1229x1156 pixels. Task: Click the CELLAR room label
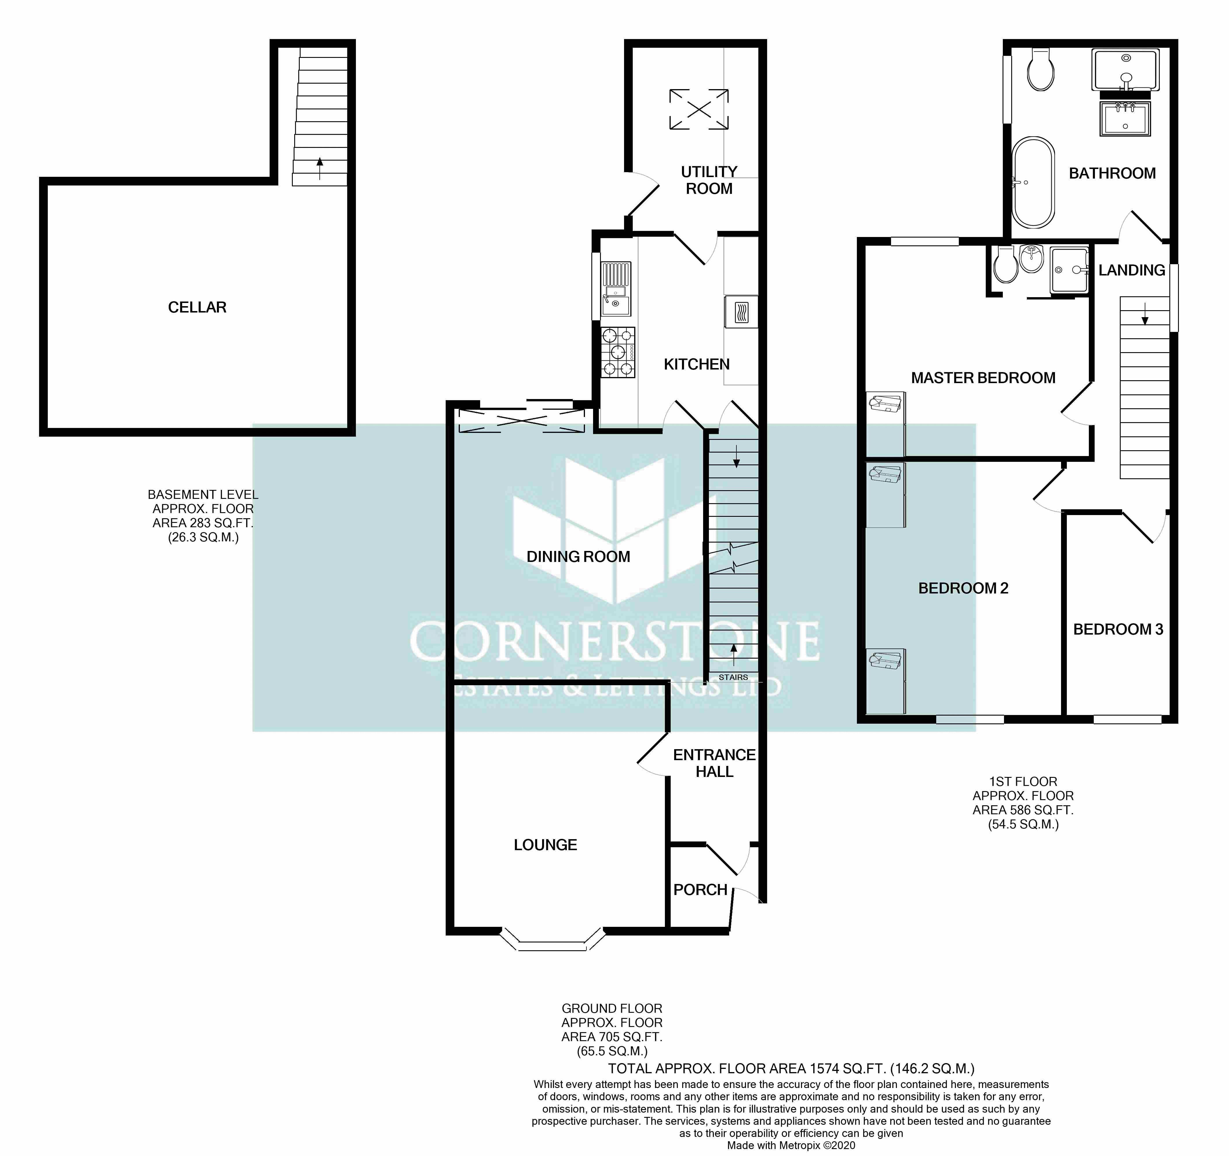197,307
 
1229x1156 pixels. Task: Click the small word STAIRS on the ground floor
733,677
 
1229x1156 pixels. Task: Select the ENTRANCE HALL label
714,763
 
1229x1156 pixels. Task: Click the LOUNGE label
545,845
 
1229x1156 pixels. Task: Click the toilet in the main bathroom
1040,71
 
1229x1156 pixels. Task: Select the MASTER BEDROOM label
983,378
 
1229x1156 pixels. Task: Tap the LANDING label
1131,270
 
